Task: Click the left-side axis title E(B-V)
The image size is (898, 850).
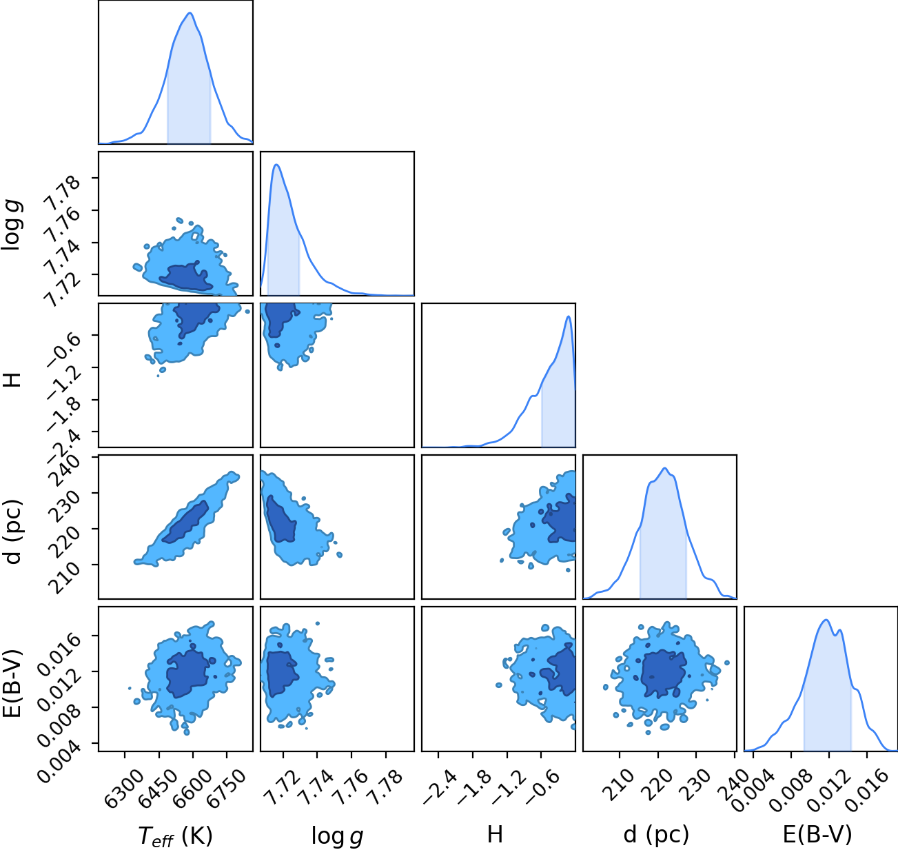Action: click(13, 682)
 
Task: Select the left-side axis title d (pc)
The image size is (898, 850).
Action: click(14, 532)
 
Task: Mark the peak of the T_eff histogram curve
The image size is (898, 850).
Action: click(190, 12)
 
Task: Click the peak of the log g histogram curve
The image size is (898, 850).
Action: click(276, 165)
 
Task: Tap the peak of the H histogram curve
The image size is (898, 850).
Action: click(568, 316)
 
